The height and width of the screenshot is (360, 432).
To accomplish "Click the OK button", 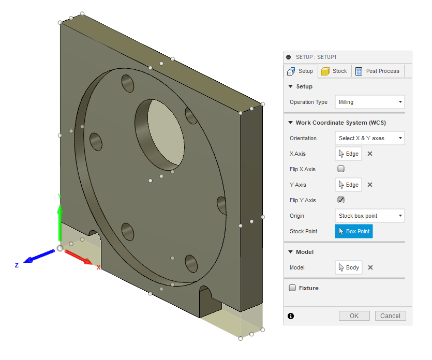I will pyautogui.click(x=354, y=316).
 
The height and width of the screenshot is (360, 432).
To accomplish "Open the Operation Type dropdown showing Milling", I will pyautogui.click(x=369, y=102).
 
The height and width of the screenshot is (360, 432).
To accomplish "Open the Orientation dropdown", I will pyautogui.click(x=369, y=138).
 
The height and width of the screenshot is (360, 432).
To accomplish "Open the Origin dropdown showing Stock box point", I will pyautogui.click(x=369, y=216).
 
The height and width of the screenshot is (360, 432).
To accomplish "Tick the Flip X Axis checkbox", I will pyautogui.click(x=341, y=169).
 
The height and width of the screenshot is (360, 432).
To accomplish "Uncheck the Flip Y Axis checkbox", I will pyautogui.click(x=341, y=200).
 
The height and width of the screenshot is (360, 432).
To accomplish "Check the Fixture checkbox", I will pyautogui.click(x=292, y=288).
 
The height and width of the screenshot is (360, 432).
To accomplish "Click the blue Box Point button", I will pyautogui.click(x=354, y=231).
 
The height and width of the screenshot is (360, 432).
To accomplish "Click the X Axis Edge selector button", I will pyautogui.click(x=348, y=154).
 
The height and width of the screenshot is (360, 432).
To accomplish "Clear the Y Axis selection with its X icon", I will pyautogui.click(x=370, y=185).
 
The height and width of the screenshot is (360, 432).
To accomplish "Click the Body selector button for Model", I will pyautogui.click(x=348, y=267).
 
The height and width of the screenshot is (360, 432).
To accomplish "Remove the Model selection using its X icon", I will pyautogui.click(x=370, y=267).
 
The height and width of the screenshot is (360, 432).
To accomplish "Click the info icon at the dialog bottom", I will pyautogui.click(x=291, y=316).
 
